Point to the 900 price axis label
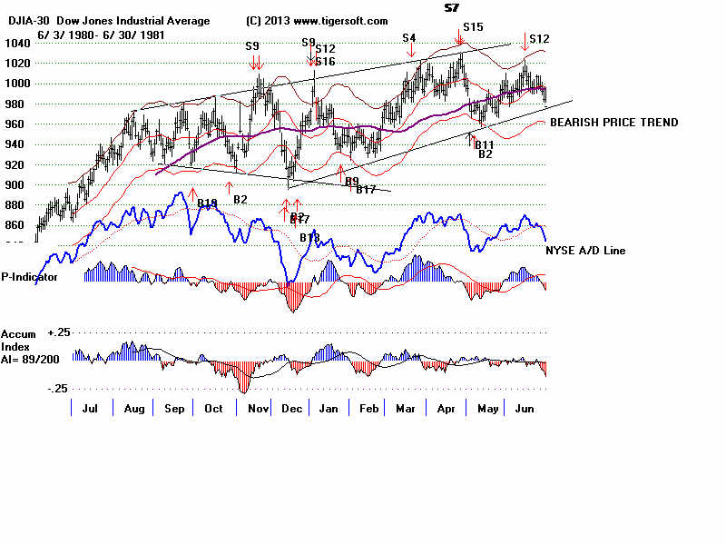[x=14, y=184]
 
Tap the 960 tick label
[x=14, y=124]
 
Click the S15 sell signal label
[x=473, y=27]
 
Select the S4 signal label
[x=409, y=37]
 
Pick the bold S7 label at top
[x=451, y=8]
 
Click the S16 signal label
[x=326, y=62]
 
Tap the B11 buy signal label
[x=484, y=145]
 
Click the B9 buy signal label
[x=352, y=181]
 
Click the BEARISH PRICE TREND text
[x=613, y=123]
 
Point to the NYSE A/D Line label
[x=585, y=250]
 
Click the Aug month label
[x=133, y=410]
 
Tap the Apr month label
[x=446, y=410]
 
